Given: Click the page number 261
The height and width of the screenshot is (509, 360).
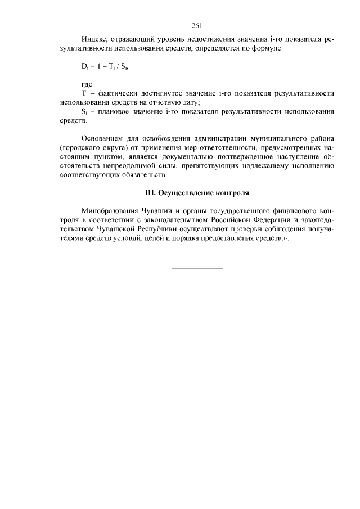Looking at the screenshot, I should [x=196, y=25].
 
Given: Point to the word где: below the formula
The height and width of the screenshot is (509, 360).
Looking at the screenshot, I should [x=88, y=84].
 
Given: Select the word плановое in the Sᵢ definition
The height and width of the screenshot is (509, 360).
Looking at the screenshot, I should [x=115, y=111].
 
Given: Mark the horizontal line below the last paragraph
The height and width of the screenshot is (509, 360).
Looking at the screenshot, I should [x=196, y=268].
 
